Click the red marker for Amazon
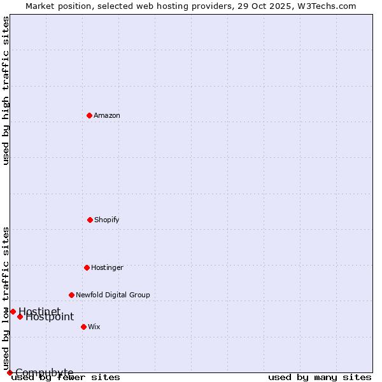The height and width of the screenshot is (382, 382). tap(90, 115)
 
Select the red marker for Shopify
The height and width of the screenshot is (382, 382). tap(90, 220)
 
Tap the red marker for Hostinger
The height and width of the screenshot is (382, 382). tap(87, 267)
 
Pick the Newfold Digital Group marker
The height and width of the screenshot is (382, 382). tap(71, 295)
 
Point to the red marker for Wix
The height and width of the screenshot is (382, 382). tap(83, 327)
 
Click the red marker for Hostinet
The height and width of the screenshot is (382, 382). tap(13, 311)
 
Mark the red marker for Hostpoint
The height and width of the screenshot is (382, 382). tap(20, 316)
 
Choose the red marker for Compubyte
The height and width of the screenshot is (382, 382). tap(10, 372)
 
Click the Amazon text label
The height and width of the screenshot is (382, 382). tap(107, 115)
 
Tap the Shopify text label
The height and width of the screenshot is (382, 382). tap(107, 220)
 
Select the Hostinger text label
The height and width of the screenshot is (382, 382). tap(107, 267)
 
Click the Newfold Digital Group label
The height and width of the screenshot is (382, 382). tap(113, 295)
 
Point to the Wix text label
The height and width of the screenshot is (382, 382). tap(94, 327)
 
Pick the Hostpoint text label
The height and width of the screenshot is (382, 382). tap(50, 317)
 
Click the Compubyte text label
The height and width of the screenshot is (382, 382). tap(45, 372)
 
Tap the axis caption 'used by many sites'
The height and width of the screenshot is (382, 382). tap(320, 377)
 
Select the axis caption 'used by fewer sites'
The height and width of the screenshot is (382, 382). tap(66, 377)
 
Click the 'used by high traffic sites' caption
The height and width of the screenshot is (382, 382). tap(6, 90)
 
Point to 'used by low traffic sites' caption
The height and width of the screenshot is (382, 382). tap(6, 298)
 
